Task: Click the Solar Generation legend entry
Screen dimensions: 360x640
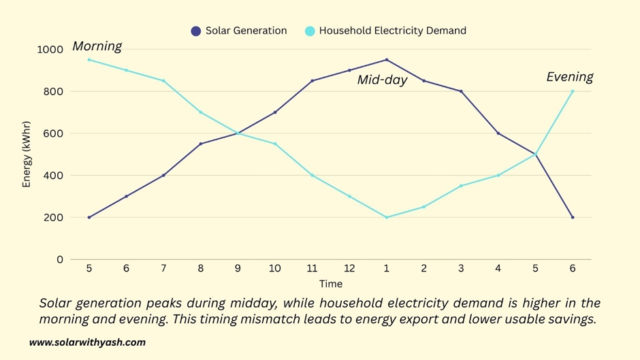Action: pyautogui.click(x=239, y=31)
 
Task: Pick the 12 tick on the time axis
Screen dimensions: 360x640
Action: pyautogui.click(x=349, y=269)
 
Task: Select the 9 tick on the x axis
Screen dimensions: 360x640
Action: pyautogui.click(x=238, y=269)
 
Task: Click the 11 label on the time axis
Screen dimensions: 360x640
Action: pyautogui.click(x=312, y=269)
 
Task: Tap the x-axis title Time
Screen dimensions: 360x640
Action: pyautogui.click(x=331, y=284)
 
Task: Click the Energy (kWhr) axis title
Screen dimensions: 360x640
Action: pyautogui.click(x=27, y=154)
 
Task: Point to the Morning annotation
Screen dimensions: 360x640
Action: pyautogui.click(x=97, y=46)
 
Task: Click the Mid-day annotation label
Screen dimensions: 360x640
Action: pyautogui.click(x=382, y=80)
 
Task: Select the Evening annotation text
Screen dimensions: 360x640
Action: pyautogui.click(x=570, y=77)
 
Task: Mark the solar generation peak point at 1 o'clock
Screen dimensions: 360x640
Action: pyautogui.click(x=387, y=60)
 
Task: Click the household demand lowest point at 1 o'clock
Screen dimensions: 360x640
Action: pyautogui.click(x=387, y=217)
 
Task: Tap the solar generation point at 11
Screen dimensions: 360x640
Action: pyautogui.click(x=312, y=81)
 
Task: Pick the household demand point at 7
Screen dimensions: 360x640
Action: pyautogui.click(x=163, y=81)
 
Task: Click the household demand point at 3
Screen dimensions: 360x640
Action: pyautogui.click(x=461, y=186)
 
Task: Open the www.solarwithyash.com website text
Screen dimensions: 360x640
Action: pyautogui.click(x=87, y=342)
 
